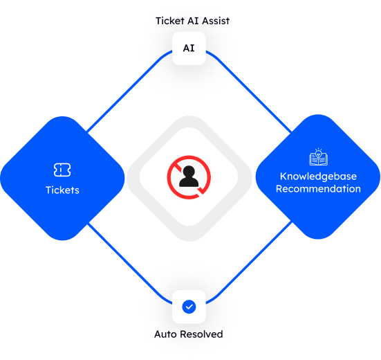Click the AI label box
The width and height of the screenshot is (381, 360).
(189, 48)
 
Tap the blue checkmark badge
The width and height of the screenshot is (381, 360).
(189, 306)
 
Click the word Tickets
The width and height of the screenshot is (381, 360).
(62, 190)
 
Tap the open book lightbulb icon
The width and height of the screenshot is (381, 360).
(318, 158)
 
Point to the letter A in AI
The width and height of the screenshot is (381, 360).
(186, 48)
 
